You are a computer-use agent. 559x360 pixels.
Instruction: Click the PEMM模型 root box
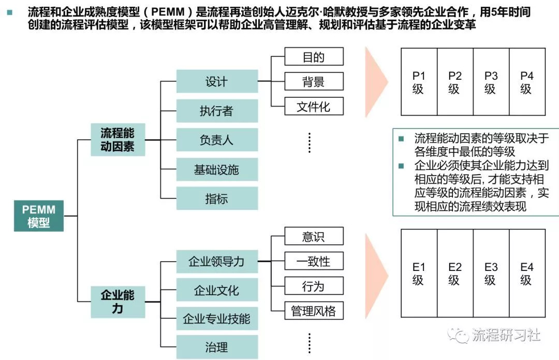click(39, 216)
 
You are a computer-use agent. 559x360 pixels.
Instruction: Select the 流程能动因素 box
click(117, 140)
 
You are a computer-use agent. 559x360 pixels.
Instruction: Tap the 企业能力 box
click(117, 302)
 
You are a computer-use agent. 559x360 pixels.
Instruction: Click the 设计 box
click(217, 82)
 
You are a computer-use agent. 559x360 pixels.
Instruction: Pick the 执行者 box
click(217, 111)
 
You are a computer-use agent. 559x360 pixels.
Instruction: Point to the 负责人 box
click(217, 140)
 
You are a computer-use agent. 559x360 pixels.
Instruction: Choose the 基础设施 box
click(217, 169)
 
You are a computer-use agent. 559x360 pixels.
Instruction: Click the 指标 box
click(217, 198)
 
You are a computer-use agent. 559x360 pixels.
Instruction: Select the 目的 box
click(314, 57)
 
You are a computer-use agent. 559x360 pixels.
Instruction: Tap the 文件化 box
click(314, 107)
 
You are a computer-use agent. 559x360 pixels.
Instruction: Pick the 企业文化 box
click(217, 290)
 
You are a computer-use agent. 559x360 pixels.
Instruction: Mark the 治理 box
click(217, 347)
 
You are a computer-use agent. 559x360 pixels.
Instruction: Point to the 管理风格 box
click(314, 311)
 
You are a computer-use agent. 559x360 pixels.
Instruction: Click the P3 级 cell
click(491, 82)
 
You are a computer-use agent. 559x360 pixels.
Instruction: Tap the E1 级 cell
click(419, 273)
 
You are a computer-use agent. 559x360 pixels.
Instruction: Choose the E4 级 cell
click(527, 273)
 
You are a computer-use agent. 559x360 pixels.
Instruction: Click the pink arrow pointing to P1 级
click(376, 81)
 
